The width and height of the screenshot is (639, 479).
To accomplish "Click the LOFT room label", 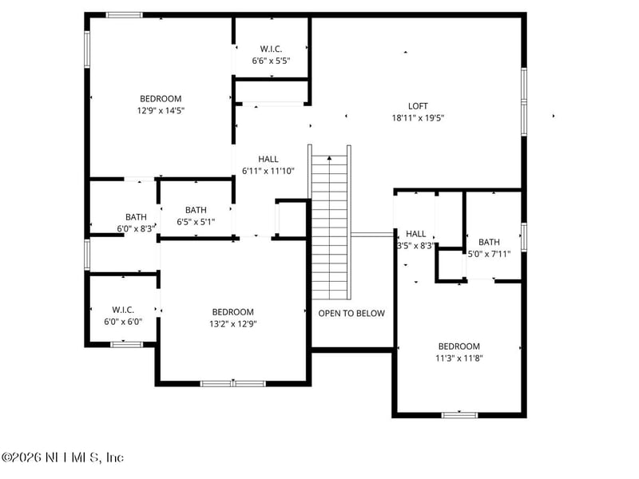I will pyautogui.click(x=418, y=105).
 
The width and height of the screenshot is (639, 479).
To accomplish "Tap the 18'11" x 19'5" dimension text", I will pyautogui.click(x=418, y=117).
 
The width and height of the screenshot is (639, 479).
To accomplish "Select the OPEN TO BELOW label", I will pyautogui.click(x=351, y=313).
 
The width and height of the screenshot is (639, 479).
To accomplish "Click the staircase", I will pyautogui.click(x=330, y=228).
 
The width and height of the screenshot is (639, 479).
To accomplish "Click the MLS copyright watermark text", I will pyautogui.click(x=63, y=457).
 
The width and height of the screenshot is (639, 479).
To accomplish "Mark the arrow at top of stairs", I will pyautogui.click(x=329, y=158).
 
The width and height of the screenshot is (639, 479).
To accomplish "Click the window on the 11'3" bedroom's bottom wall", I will pyautogui.click(x=459, y=414).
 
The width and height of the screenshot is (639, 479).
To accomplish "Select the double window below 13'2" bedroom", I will pyautogui.click(x=232, y=383).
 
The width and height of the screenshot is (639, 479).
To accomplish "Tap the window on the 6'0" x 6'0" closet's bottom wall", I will pyautogui.click(x=126, y=344).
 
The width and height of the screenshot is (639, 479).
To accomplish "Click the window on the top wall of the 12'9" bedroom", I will pyautogui.click(x=125, y=14).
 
